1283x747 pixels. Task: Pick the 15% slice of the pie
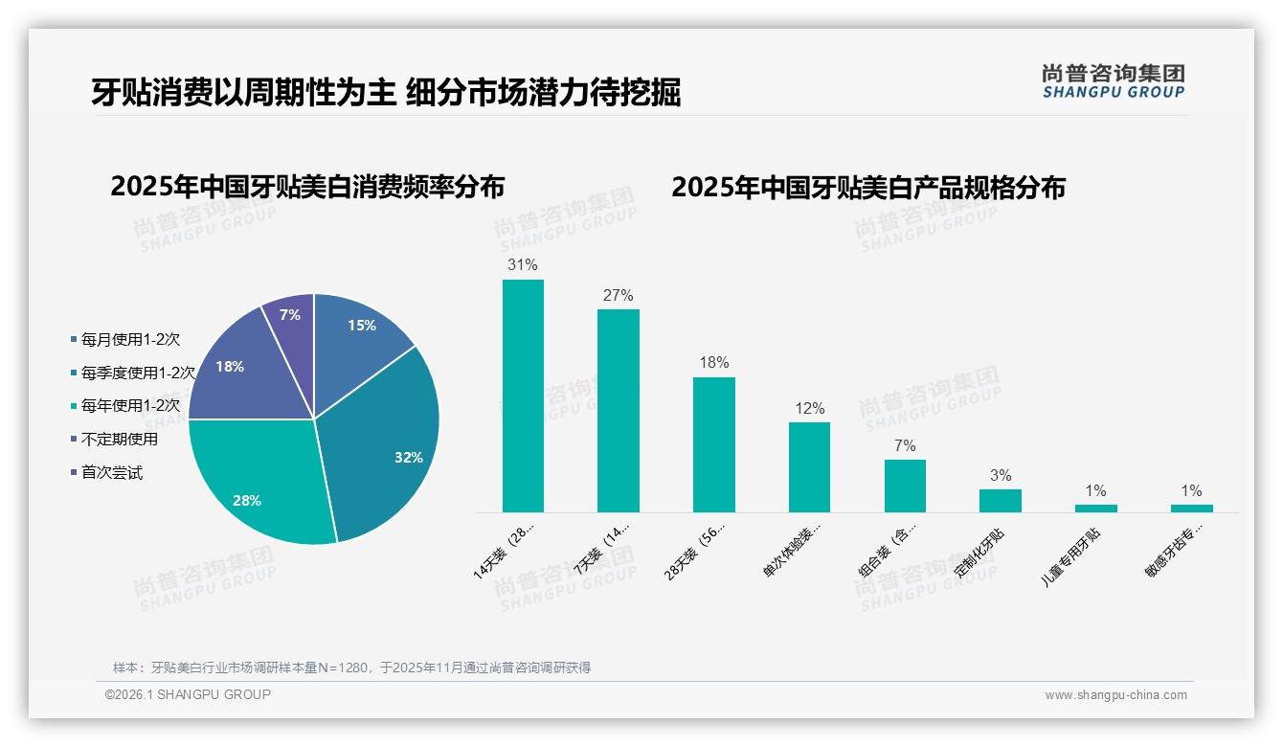[x=359, y=330]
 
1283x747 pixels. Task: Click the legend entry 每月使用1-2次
[x=130, y=339]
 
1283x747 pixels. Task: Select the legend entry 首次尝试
[x=112, y=472]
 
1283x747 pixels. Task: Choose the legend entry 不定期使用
[x=120, y=439]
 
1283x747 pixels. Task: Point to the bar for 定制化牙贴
[x=1000, y=500]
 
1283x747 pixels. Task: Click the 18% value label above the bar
[x=713, y=362]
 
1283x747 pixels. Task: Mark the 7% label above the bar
[x=905, y=445]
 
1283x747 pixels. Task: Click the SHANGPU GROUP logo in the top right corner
[x=1113, y=81]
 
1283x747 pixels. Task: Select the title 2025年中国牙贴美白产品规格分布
[x=867, y=187]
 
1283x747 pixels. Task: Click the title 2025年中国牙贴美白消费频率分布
[x=307, y=186]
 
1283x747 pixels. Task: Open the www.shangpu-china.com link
[x=1115, y=695]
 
